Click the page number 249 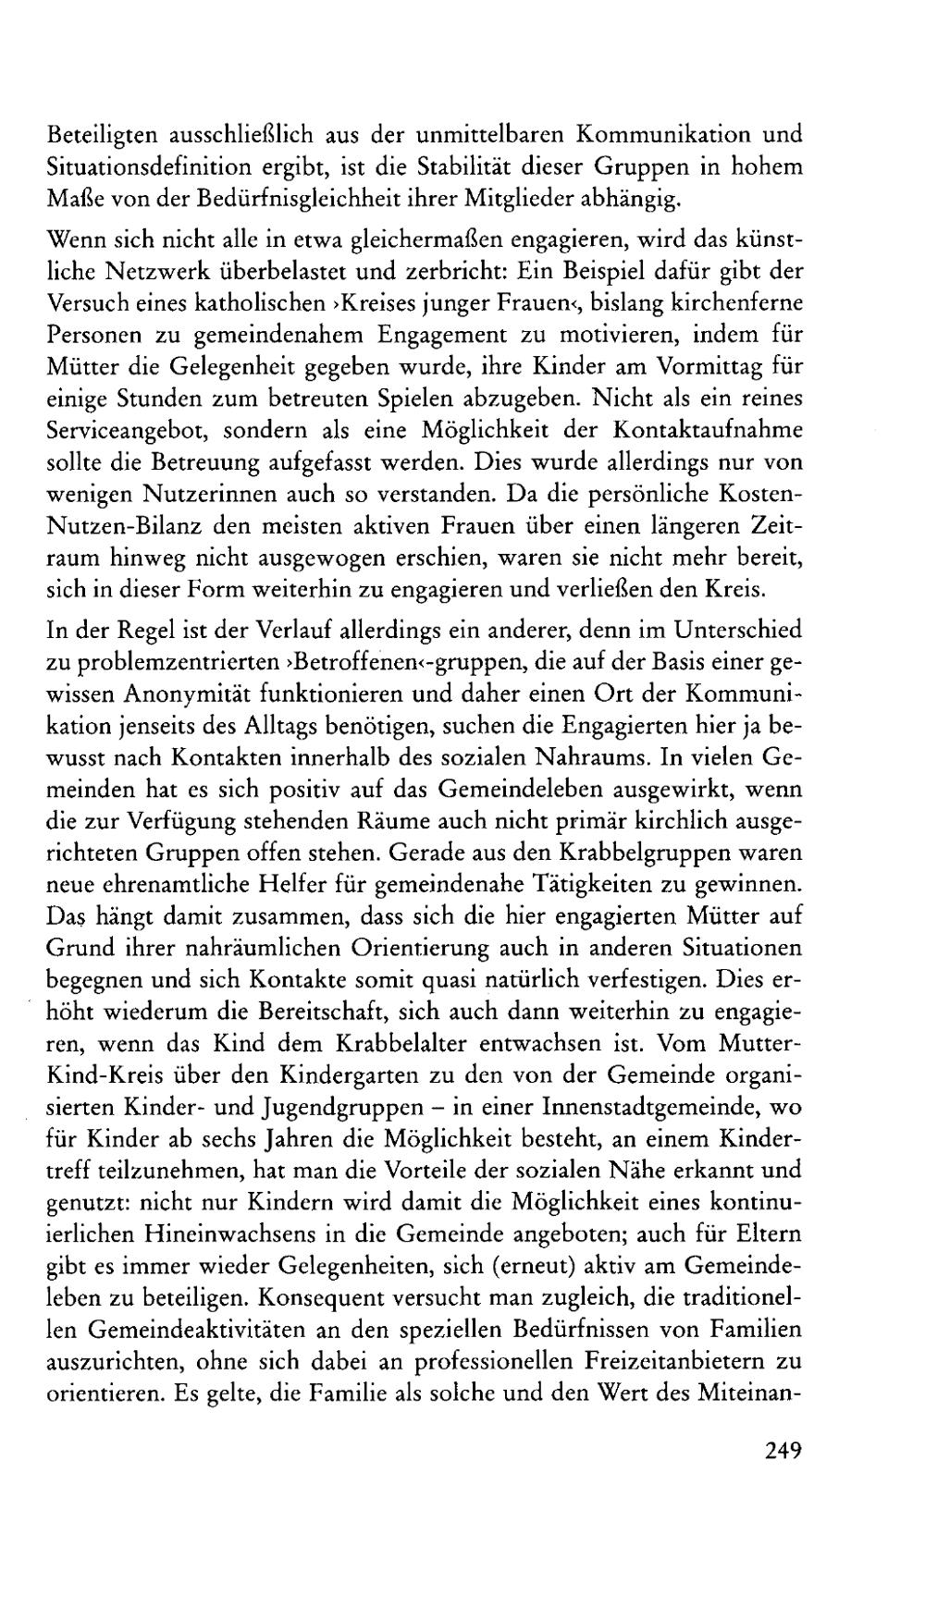click(782, 1449)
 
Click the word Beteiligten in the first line click(100, 135)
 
